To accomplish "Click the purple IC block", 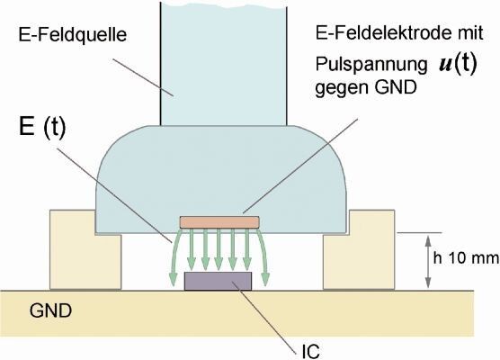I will tap(218, 281).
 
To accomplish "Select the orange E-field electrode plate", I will tap(219, 221).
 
